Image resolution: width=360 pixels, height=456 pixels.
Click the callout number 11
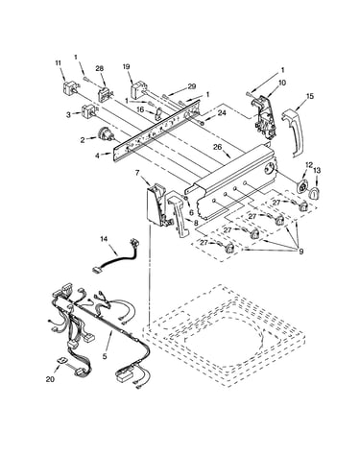58,63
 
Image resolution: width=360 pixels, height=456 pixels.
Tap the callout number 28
100,68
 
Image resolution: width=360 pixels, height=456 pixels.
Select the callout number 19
126,66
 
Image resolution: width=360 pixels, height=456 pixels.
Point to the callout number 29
192,86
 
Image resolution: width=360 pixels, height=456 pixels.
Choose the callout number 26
218,147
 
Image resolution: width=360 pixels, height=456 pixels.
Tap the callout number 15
310,96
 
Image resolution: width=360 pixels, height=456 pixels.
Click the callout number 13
317,171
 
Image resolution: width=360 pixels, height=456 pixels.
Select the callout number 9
300,252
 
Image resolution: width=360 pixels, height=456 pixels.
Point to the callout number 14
104,238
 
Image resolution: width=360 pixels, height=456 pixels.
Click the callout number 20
50,379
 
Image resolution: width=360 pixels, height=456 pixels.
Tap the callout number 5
105,356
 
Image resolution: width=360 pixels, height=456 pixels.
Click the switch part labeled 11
69,87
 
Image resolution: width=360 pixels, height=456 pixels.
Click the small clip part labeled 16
158,114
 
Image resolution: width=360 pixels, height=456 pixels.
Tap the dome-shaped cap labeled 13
314,193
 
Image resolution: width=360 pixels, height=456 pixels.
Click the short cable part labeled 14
117,256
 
